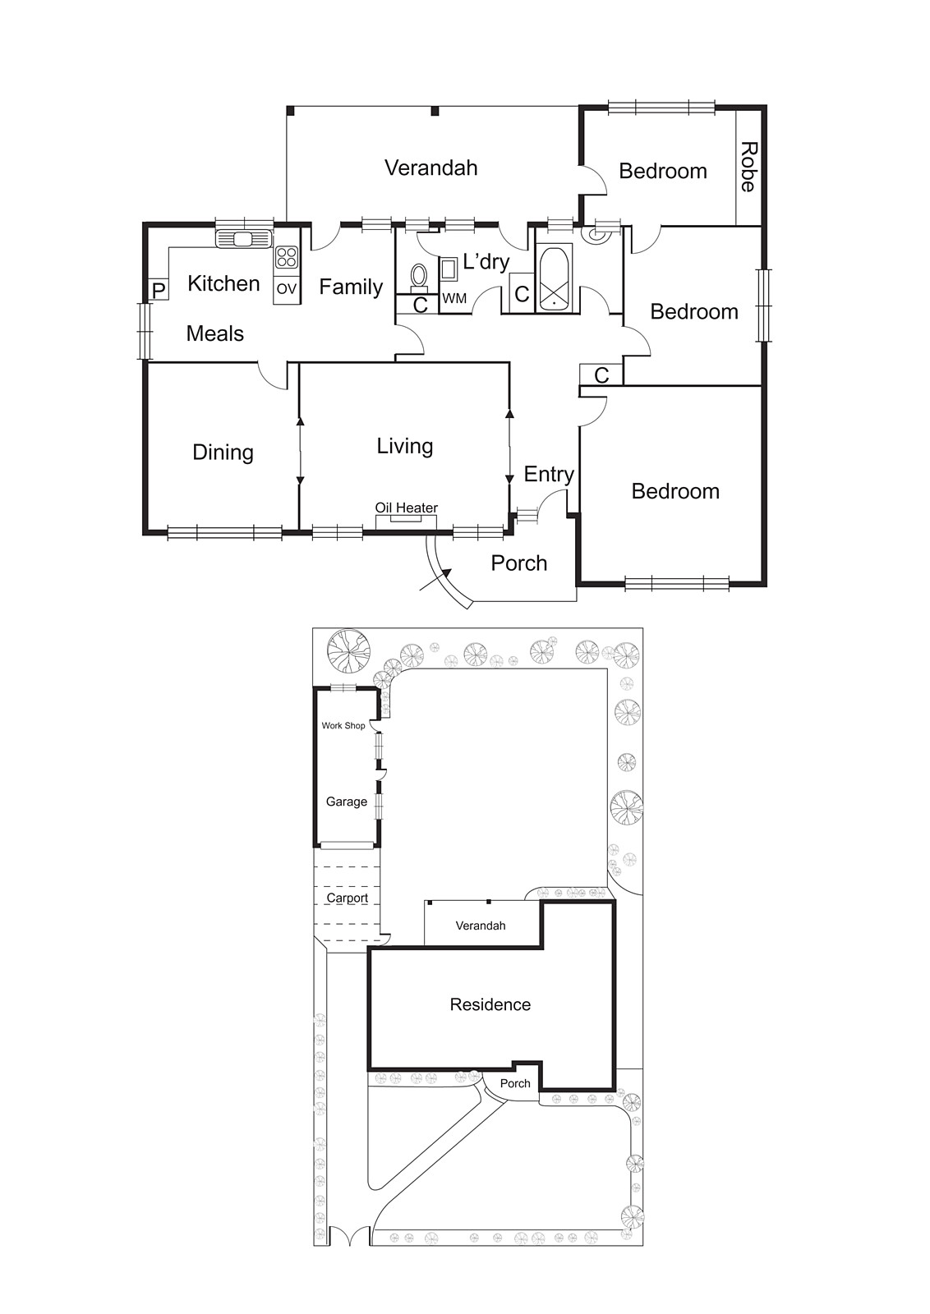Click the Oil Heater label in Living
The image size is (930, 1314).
[x=406, y=508]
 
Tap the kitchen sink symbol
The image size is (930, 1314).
[x=243, y=239]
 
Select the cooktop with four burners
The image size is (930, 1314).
[x=286, y=257]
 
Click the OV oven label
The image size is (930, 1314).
[x=286, y=289]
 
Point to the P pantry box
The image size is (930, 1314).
[x=159, y=291]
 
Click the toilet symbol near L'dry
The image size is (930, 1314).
[x=419, y=275]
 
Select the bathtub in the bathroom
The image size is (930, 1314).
[x=555, y=278]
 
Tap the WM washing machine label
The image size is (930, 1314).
[x=454, y=299]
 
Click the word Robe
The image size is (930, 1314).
[x=748, y=167]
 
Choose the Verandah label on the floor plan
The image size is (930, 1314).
[x=430, y=168]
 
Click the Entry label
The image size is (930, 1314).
[x=548, y=474]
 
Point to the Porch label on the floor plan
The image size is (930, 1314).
[x=518, y=563]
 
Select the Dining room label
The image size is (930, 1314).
[x=223, y=453]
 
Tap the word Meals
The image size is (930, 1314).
[x=214, y=333]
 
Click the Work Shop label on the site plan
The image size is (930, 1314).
[x=343, y=725]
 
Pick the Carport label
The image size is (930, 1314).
[x=347, y=898]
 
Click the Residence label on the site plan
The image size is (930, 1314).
[x=490, y=1004]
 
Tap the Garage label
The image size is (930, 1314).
[x=346, y=802]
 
